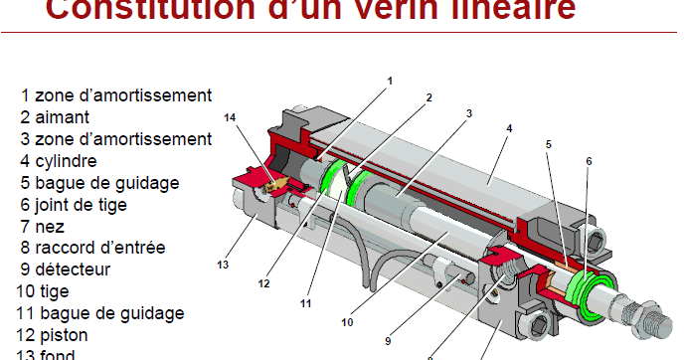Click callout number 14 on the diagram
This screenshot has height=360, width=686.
click(231, 117)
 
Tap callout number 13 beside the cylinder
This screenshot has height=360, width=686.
click(224, 266)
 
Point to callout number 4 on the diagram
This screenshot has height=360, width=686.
click(508, 128)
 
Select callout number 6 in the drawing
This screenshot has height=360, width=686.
click(589, 160)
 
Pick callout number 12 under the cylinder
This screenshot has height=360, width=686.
click(264, 283)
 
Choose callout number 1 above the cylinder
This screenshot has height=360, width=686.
click(390, 81)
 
